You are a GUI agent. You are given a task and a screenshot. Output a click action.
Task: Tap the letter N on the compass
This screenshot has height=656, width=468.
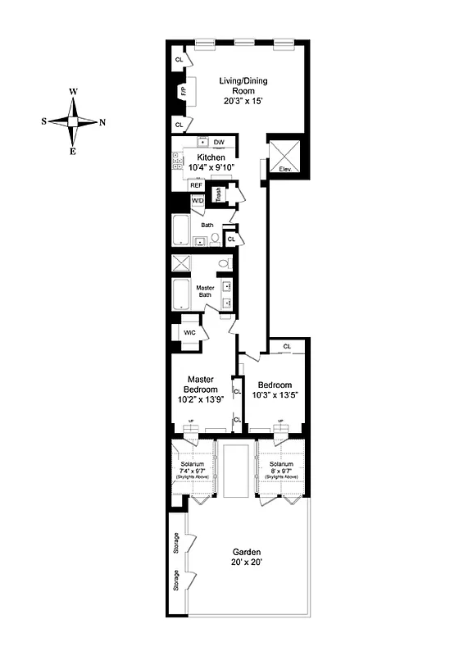click(x=102, y=121)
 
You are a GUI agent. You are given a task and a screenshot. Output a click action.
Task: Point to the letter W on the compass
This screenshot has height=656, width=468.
click(x=74, y=92)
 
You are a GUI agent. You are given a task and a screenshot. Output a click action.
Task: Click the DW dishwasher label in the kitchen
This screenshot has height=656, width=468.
click(x=220, y=143)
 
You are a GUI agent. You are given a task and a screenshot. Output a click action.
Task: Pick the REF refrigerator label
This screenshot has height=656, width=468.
click(x=196, y=185)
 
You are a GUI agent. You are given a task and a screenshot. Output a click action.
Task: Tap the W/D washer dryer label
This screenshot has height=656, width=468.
click(x=198, y=200)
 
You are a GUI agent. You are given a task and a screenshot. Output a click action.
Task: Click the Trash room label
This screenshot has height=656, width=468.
click(x=219, y=194)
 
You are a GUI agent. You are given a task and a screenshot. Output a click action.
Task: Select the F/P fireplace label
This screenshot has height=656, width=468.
click(x=183, y=92)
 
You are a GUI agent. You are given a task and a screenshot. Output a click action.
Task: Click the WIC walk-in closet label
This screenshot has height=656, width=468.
click(x=189, y=332)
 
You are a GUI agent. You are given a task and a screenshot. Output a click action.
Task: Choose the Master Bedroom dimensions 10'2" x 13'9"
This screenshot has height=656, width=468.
click(x=201, y=400)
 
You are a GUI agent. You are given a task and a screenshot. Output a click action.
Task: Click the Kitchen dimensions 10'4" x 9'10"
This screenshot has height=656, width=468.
click(x=210, y=167)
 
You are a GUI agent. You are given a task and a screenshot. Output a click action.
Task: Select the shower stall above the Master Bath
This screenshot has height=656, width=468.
click(x=181, y=264)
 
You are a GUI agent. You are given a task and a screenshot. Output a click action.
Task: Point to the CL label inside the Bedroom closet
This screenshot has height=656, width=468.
click(x=287, y=347)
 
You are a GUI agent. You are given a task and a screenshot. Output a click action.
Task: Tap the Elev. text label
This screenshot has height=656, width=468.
click(x=286, y=169)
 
